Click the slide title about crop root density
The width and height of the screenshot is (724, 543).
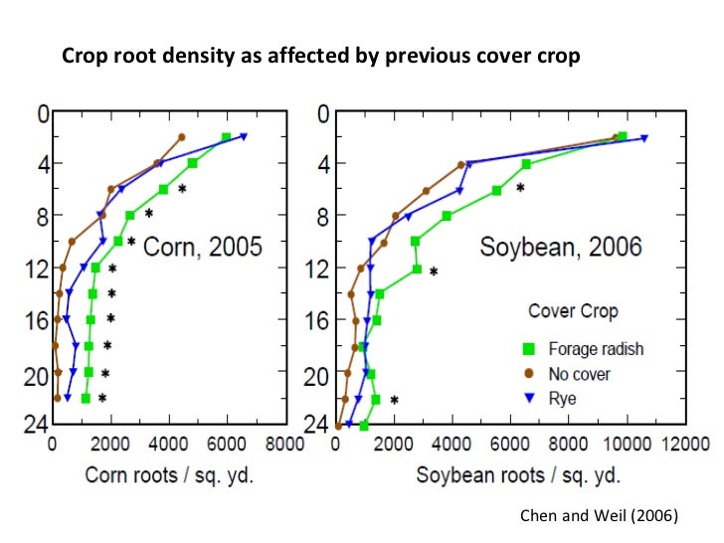[320, 56]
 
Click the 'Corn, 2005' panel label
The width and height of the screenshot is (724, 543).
[203, 245]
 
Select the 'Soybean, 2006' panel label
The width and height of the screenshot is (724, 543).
[561, 247]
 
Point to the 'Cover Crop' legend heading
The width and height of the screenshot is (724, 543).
[572, 310]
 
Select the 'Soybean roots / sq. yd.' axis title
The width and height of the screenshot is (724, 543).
[504, 474]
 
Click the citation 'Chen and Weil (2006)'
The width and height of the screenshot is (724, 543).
[599, 515]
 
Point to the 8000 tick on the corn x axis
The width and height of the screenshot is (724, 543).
[284, 444]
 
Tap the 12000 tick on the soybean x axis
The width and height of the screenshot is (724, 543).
[687, 444]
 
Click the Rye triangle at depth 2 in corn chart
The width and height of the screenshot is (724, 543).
[244, 136]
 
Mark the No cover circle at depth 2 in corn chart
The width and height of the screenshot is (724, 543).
[182, 137]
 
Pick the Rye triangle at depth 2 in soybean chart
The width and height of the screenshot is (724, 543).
[644, 138]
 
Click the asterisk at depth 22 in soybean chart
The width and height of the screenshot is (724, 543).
[394, 401]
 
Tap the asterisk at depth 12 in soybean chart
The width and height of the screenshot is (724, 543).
[434, 271]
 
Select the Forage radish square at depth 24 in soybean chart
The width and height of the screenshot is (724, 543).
[364, 426]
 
